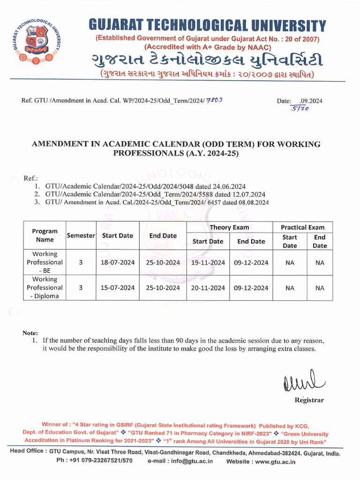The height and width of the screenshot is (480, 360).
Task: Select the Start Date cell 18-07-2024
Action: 117,262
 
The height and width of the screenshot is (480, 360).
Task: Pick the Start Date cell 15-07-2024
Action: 117,288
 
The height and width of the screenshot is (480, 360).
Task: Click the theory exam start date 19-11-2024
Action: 208,262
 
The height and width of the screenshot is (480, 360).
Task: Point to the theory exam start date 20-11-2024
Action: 208,288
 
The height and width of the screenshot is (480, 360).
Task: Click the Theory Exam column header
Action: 229,227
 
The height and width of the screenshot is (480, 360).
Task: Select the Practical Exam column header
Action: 302,227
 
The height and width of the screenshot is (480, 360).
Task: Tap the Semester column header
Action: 81,236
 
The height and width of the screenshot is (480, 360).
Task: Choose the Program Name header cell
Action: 45,235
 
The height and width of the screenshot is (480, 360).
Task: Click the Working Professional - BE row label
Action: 45,262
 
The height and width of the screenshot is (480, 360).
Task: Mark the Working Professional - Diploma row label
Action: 45,288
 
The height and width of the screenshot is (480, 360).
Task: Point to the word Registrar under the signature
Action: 308,400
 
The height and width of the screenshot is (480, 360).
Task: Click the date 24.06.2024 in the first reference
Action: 230,186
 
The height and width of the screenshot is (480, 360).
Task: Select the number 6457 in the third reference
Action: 211,202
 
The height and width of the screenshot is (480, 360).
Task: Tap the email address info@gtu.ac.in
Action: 191,461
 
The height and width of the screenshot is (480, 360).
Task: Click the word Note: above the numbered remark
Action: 30,333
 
